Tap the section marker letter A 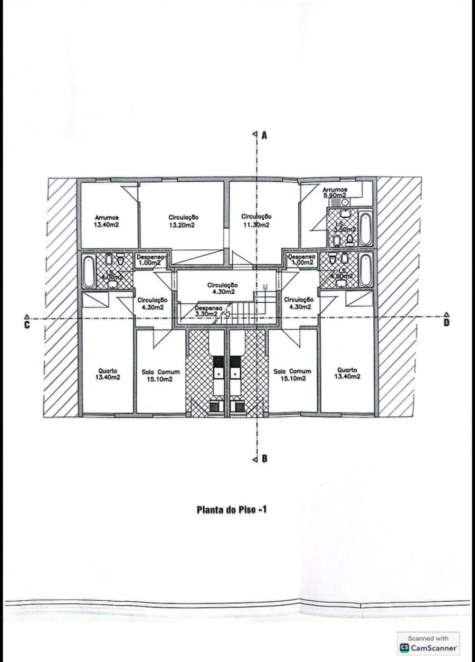coord(264,135)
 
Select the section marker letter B coord(264,459)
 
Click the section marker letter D coord(446,322)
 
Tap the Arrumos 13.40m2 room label coord(106,221)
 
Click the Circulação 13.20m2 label coord(183,221)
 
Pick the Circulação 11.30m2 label coord(256,220)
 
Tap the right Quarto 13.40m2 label coord(348,373)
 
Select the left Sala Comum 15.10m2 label coord(160,375)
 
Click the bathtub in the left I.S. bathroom coord(89,270)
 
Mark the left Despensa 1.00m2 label coord(151,259)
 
